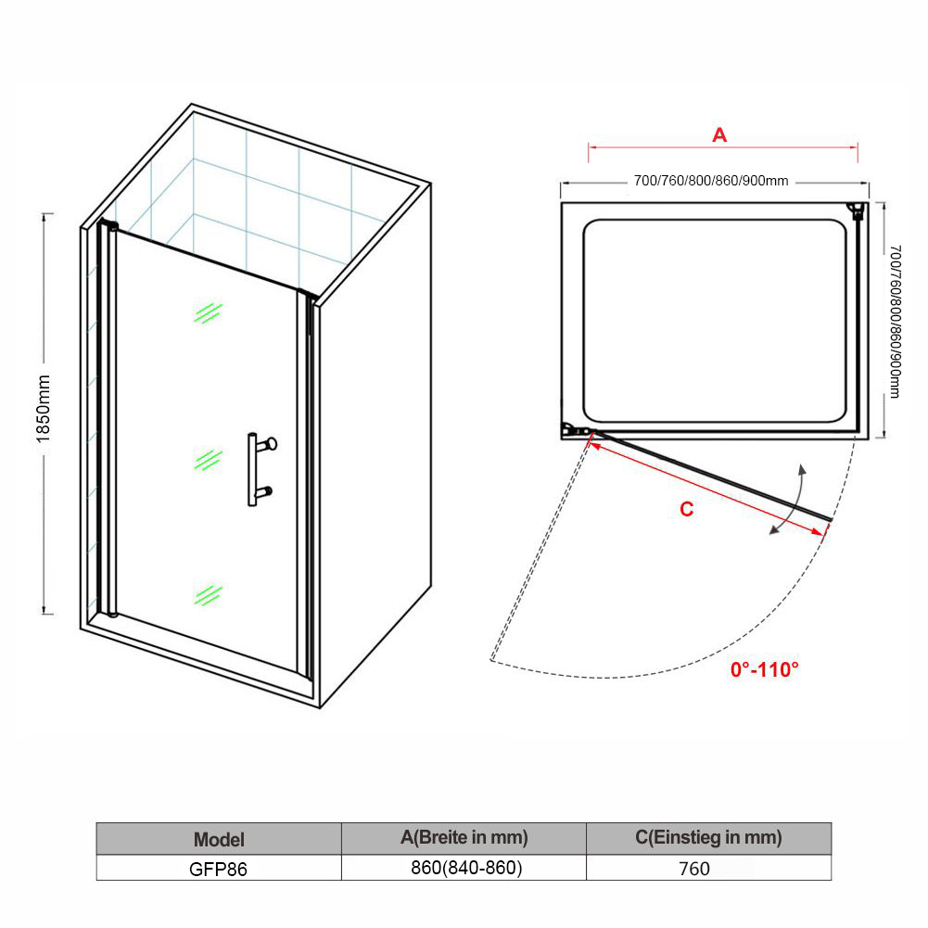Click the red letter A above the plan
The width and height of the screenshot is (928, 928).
719,135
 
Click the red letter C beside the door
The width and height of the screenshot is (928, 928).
687,509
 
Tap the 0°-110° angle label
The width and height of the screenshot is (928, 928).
764,669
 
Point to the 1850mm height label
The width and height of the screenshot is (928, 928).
44,408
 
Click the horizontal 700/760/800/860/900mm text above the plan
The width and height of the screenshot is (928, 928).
711,181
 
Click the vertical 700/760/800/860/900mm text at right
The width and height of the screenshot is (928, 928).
895,322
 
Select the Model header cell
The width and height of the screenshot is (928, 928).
219,839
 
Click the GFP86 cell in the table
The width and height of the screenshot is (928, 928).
219,868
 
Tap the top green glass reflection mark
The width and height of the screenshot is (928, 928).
208,313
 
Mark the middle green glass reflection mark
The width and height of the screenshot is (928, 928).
208,460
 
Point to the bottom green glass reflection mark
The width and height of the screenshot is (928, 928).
208,595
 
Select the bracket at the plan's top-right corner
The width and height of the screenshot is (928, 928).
857,211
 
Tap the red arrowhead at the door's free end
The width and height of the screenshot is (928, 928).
818,531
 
